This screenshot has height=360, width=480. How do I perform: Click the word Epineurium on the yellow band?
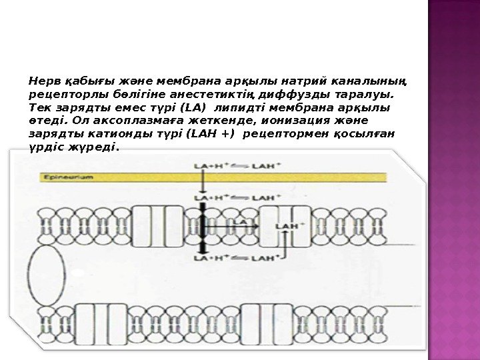[x=67, y=177]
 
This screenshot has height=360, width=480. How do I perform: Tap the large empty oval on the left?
[x=46, y=273]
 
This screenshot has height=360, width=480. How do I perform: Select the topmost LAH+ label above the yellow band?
[x=261, y=164]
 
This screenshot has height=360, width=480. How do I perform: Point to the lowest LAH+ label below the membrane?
[x=261, y=257]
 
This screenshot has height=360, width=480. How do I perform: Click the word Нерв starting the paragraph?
[x=42, y=81]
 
